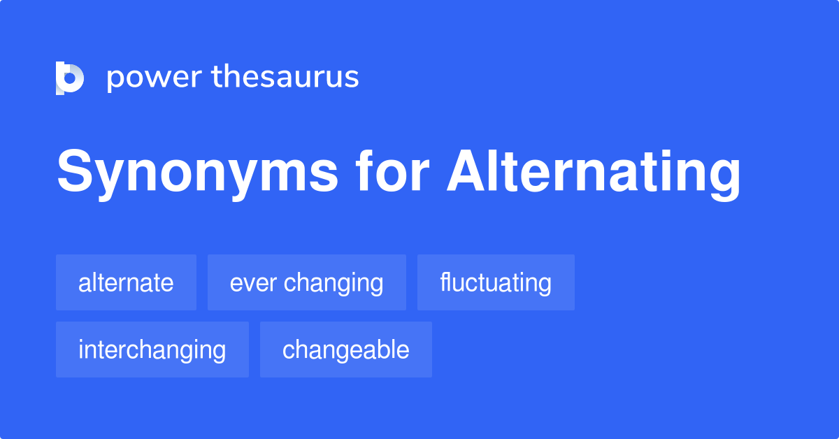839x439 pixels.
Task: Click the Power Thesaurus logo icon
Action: (70, 78)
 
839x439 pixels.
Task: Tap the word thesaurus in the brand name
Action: (285, 77)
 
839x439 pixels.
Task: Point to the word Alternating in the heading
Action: (594, 173)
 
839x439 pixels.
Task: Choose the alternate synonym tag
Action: (126, 282)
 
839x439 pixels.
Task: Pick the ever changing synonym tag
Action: (306, 282)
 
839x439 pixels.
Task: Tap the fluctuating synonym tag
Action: (496, 282)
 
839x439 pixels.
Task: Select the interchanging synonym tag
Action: (152, 350)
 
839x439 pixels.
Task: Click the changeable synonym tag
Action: (345, 350)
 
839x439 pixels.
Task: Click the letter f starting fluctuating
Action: (444, 282)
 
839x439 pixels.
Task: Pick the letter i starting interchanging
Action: (81, 349)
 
